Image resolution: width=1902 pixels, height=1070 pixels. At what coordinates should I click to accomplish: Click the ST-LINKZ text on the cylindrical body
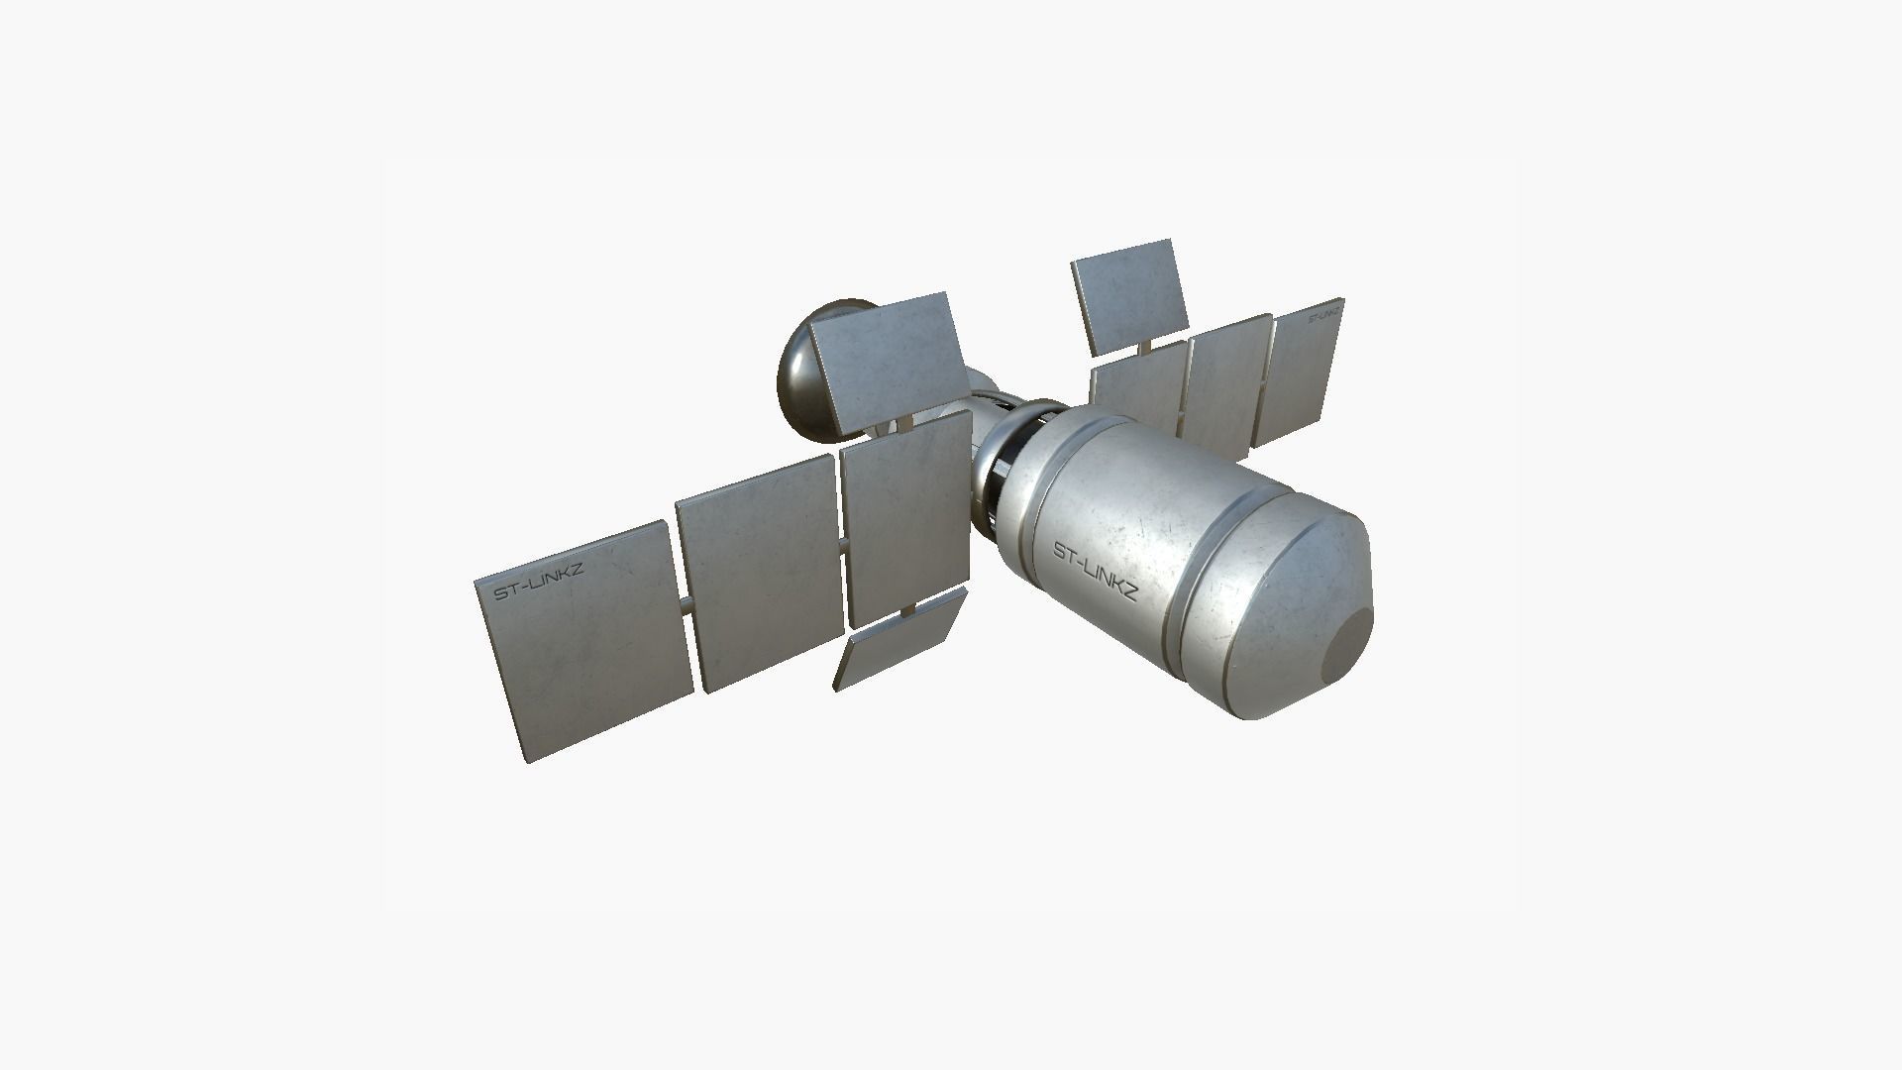pos(1095,574)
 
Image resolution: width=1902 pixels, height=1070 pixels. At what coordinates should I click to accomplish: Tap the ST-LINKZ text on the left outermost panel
pos(539,583)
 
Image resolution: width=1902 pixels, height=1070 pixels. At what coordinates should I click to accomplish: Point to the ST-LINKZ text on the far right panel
pos(1325,316)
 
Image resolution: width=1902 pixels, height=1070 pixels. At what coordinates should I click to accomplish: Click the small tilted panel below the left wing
pos(899,639)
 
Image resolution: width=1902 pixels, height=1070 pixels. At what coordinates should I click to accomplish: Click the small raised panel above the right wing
pos(1129,294)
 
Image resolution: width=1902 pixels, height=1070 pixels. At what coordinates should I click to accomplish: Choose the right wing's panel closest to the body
pos(1139,391)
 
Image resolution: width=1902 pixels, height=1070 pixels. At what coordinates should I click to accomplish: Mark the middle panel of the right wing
pos(1228,381)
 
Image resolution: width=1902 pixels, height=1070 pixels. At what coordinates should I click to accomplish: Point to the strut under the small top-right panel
pos(1146,346)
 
